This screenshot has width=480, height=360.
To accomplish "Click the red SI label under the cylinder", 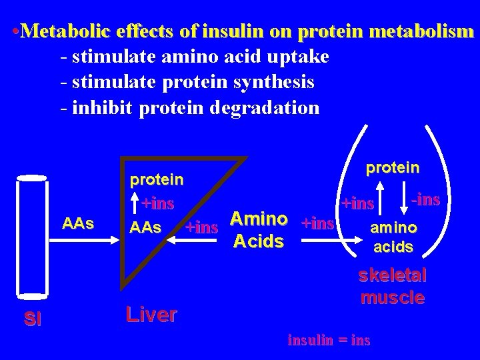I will coord(32,319).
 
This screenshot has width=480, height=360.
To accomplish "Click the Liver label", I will coord(151,314).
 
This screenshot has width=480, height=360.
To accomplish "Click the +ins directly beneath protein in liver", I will coord(158,202).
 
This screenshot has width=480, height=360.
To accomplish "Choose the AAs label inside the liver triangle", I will coord(145,227).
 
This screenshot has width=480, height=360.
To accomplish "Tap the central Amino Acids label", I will coord(259,230).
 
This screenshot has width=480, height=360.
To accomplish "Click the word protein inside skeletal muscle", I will coord(393,167).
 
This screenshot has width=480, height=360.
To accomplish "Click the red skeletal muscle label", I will coord(393,286).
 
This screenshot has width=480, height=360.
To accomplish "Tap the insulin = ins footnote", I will coord(328,340).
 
